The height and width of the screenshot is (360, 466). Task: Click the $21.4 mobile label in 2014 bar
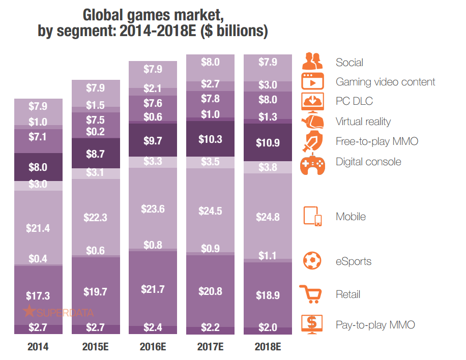38,228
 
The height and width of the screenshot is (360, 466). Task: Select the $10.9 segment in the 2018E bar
268,143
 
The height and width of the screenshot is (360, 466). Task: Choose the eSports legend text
354,261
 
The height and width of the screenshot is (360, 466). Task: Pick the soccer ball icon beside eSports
312,261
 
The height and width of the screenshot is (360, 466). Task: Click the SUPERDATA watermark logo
58,313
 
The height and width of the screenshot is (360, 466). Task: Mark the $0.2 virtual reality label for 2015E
95,132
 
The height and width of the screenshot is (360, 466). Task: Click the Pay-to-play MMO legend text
376,324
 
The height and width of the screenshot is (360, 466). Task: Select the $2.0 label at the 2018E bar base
268,327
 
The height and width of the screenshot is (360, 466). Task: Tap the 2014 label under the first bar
38,348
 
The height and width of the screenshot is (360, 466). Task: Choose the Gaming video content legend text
385,82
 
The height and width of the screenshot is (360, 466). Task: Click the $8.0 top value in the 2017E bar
210,63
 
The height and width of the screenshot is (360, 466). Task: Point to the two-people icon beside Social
312,62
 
